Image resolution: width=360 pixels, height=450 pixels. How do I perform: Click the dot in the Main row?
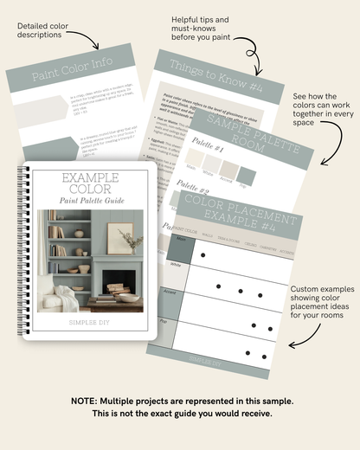coord(202,255)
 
